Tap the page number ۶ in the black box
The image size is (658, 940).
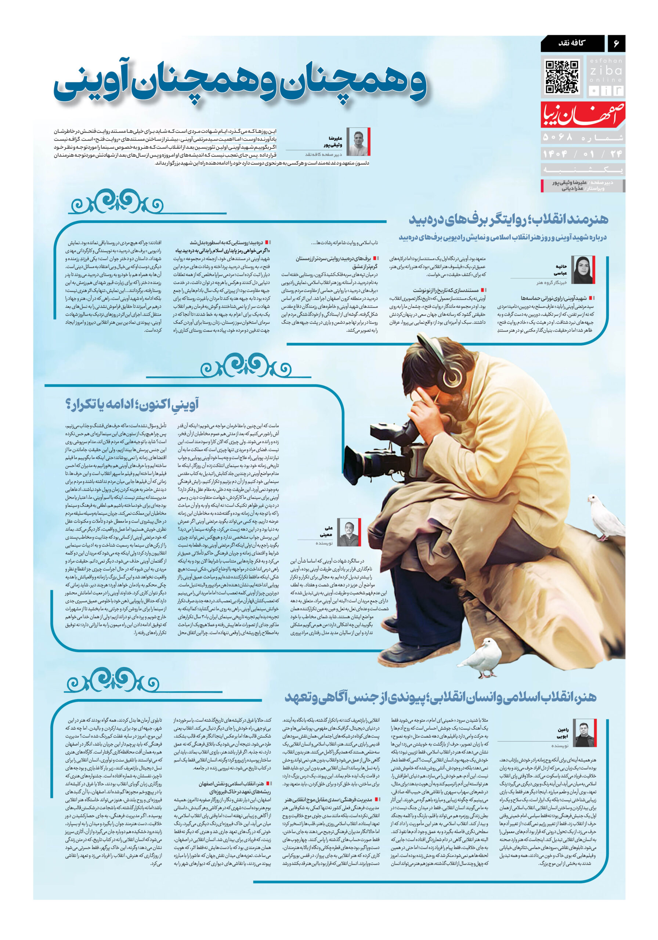pyautogui.click(x=615, y=43)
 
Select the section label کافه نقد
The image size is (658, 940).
pyautogui.click(x=572, y=43)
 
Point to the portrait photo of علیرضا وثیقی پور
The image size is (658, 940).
pyautogui.click(x=358, y=141)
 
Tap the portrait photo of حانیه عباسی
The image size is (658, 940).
pyautogui.click(x=582, y=270)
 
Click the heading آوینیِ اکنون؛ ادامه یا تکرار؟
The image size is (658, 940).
pyautogui.click(x=132, y=405)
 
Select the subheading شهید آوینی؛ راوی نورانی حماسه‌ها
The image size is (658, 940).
pyautogui.click(x=553, y=298)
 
